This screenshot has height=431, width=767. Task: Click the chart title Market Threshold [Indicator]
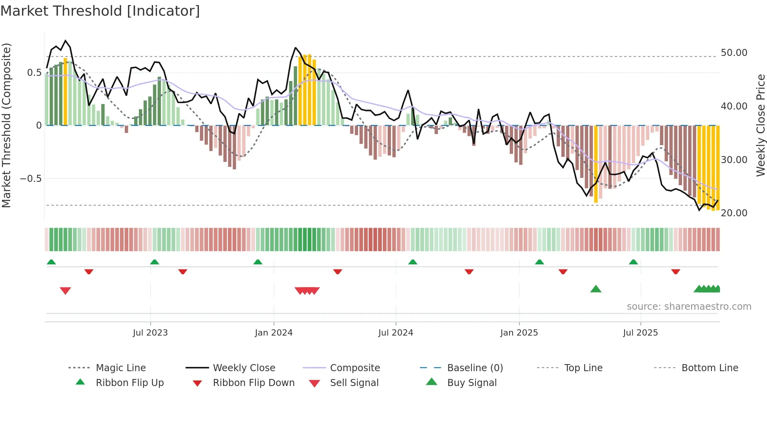[x=100, y=11]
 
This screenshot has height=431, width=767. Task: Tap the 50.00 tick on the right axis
[x=734, y=53]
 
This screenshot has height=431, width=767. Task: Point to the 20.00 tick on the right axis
[x=734, y=213]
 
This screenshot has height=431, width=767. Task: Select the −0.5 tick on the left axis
[x=31, y=179]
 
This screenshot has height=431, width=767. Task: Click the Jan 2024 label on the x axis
[x=274, y=333]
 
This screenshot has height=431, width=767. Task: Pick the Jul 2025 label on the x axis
[x=640, y=333]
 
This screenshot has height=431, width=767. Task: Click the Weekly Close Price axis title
[x=760, y=125]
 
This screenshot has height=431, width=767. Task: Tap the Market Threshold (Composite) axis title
[x=6, y=125]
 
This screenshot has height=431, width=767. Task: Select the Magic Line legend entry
[x=107, y=368]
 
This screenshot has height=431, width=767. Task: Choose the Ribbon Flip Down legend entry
[x=243, y=383]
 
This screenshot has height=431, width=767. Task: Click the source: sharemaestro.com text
[x=689, y=307]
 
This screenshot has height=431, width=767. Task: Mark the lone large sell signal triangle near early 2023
[x=65, y=291]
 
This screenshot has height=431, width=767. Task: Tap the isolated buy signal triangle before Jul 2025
[x=596, y=289]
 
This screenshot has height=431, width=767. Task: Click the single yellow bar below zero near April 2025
[x=596, y=164]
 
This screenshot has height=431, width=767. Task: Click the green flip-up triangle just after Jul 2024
[x=412, y=262]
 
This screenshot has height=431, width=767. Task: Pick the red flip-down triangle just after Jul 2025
[x=675, y=271]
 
